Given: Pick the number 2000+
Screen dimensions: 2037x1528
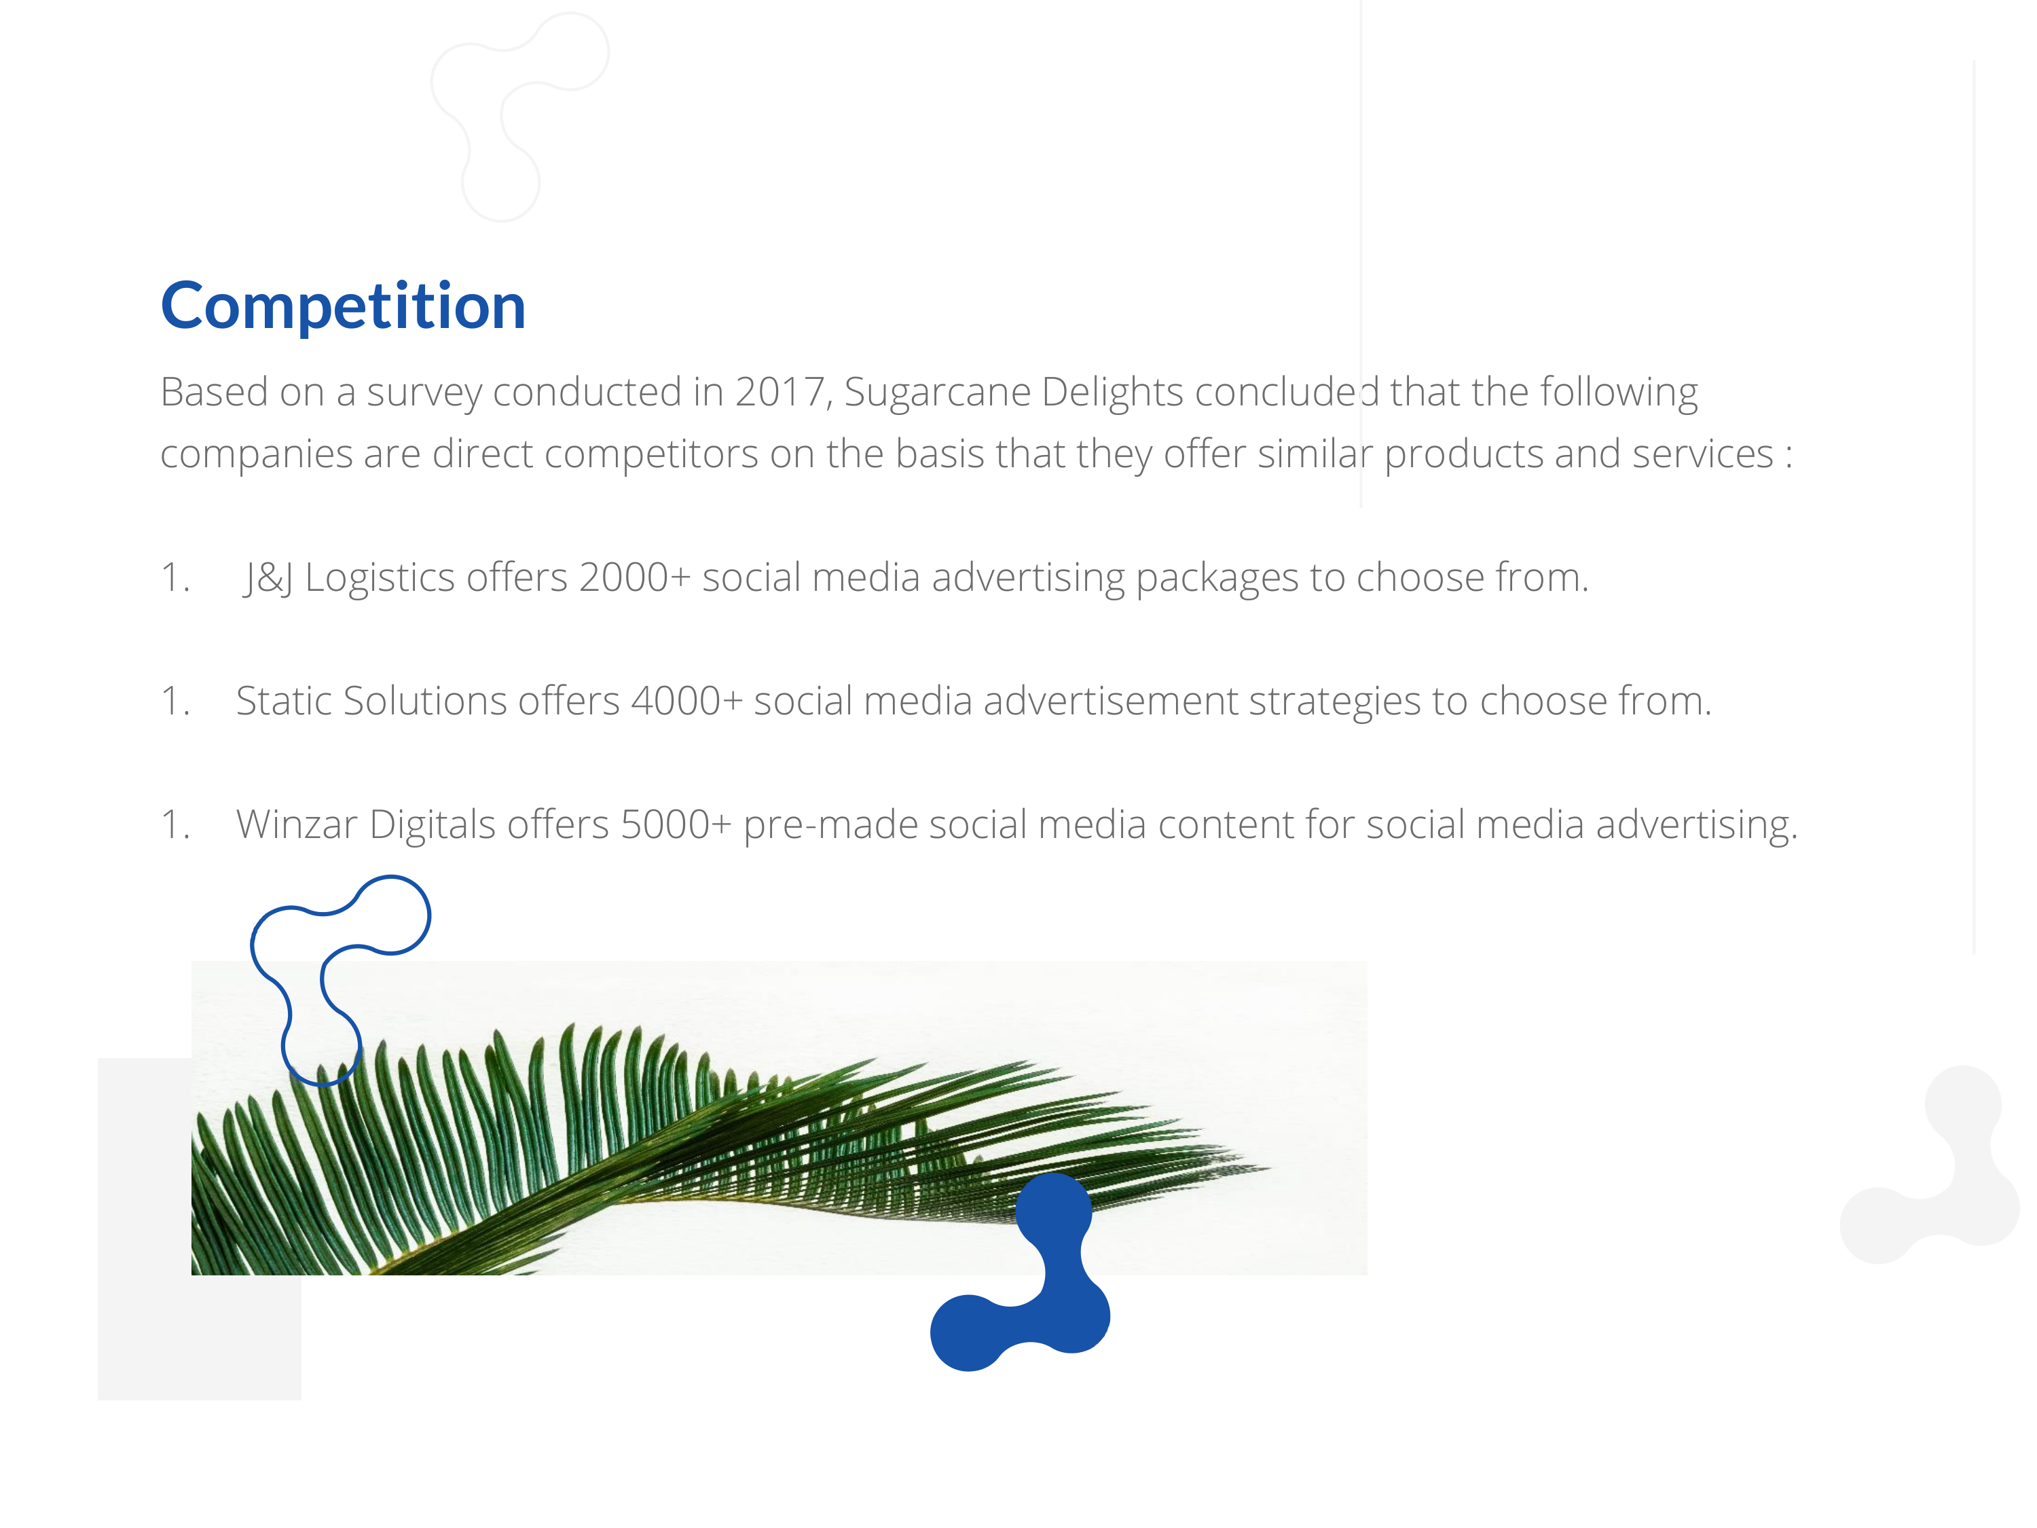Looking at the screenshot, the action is click(x=634, y=577).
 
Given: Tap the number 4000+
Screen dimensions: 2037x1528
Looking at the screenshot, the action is click(x=687, y=701).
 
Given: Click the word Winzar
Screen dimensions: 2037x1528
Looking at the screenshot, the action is click(x=297, y=824).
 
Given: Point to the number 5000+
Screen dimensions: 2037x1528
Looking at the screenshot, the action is click(x=676, y=824).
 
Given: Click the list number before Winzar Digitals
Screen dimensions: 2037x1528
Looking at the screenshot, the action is click(x=175, y=824).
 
